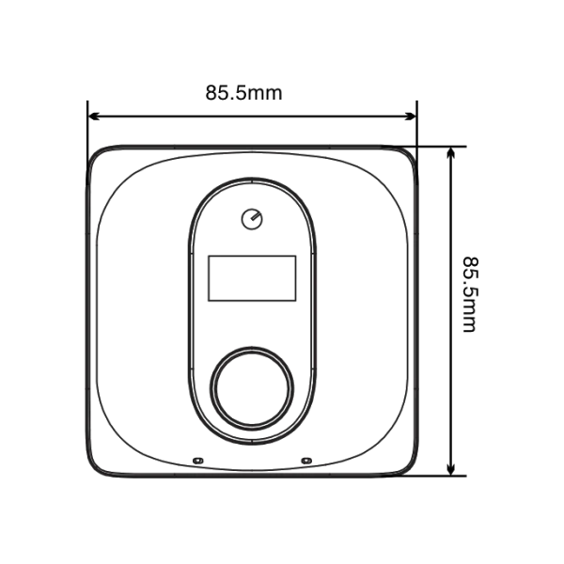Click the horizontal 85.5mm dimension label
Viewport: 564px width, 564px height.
(243, 93)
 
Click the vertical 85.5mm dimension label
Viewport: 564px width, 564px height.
(470, 294)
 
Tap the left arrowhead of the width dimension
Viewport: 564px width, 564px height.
(94, 117)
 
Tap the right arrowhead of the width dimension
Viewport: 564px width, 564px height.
(410, 117)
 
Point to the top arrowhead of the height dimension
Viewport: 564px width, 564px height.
(450, 153)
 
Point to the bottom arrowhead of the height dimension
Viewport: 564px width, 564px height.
(450, 469)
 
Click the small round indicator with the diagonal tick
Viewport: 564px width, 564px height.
(252, 219)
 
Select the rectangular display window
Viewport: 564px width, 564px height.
(252, 278)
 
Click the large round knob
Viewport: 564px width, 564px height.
(252, 388)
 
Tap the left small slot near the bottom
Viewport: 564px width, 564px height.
(197, 461)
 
